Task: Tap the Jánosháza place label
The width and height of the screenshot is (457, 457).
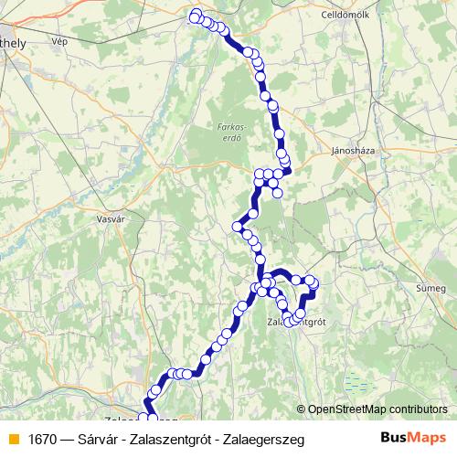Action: point(354,150)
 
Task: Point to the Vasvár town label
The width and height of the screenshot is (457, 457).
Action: point(111,218)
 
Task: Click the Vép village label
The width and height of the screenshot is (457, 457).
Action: point(61,41)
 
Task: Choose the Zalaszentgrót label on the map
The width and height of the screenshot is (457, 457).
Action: point(296,323)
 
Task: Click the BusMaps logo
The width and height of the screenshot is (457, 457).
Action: point(413,439)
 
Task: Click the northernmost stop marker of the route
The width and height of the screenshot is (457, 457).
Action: point(196,14)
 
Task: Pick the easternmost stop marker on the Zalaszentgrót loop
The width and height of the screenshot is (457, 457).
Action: point(314,286)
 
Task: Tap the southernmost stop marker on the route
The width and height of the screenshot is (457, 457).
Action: point(144,419)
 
